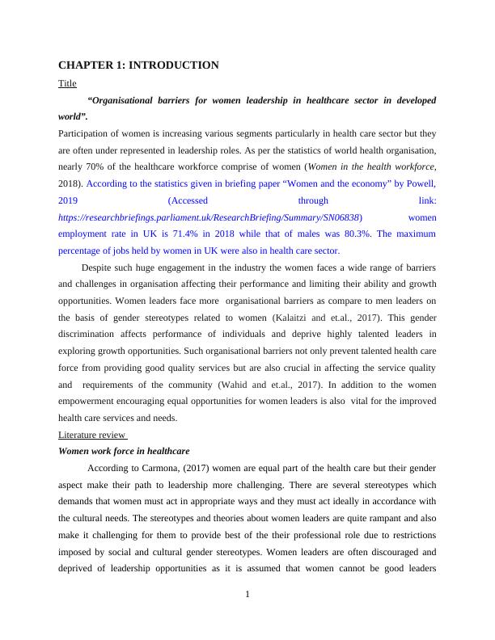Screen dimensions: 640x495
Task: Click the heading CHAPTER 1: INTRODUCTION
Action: click(138, 65)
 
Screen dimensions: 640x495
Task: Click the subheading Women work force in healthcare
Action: click(125, 451)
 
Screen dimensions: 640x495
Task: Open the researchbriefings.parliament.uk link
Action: click(210, 217)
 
